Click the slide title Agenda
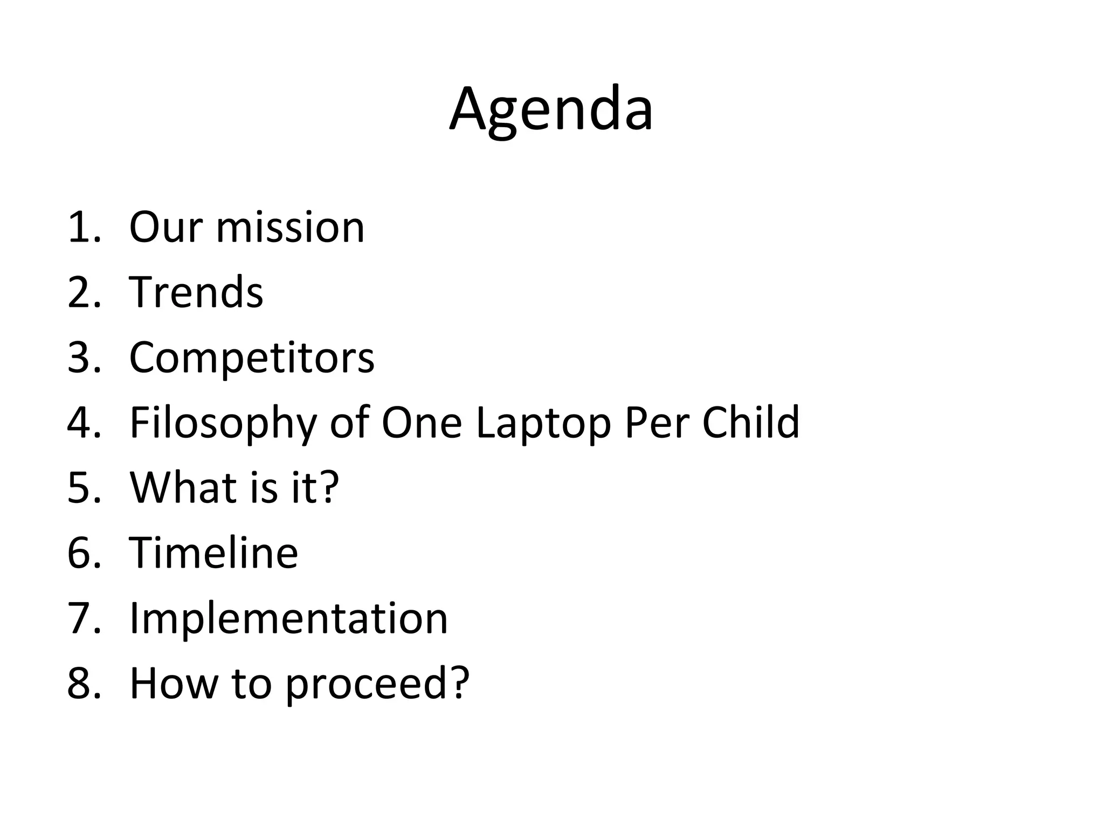point(551,111)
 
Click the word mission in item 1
point(290,227)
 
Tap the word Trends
point(196,292)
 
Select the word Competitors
point(252,357)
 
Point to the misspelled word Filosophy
point(223,424)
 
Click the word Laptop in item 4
point(543,424)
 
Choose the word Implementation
point(288,618)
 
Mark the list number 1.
point(84,227)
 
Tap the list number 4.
point(84,423)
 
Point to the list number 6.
point(84,553)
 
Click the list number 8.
point(84,684)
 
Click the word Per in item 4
point(657,423)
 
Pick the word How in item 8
point(174,684)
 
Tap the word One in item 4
point(422,423)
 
